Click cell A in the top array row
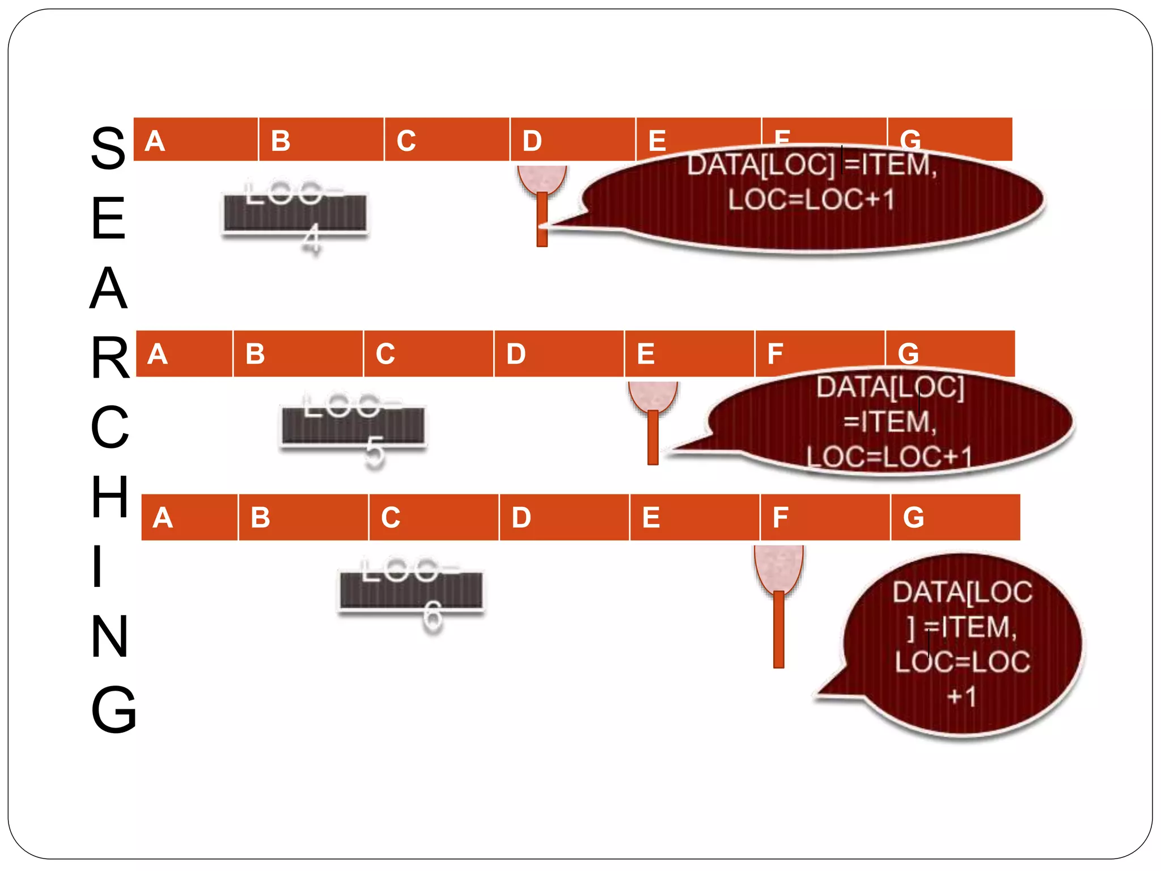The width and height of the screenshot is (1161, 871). [x=196, y=139]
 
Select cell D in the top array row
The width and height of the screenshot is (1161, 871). [x=573, y=139]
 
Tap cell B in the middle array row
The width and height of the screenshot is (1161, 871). [x=298, y=353]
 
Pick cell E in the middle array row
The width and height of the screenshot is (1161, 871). [x=689, y=353]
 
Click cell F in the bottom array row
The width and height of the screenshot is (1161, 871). [x=825, y=517]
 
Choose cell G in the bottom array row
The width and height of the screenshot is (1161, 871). [x=955, y=517]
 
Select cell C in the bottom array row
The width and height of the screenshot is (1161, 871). [x=434, y=517]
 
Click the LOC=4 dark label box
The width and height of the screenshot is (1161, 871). [x=295, y=213]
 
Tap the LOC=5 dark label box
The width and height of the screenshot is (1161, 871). [x=353, y=425]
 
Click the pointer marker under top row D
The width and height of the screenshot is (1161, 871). [x=542, y=204]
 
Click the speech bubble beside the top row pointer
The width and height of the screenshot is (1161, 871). [x=811, y=198]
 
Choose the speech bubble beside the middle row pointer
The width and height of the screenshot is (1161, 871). [x=890, y=422]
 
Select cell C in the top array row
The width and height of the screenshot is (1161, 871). [x=447, y=139]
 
